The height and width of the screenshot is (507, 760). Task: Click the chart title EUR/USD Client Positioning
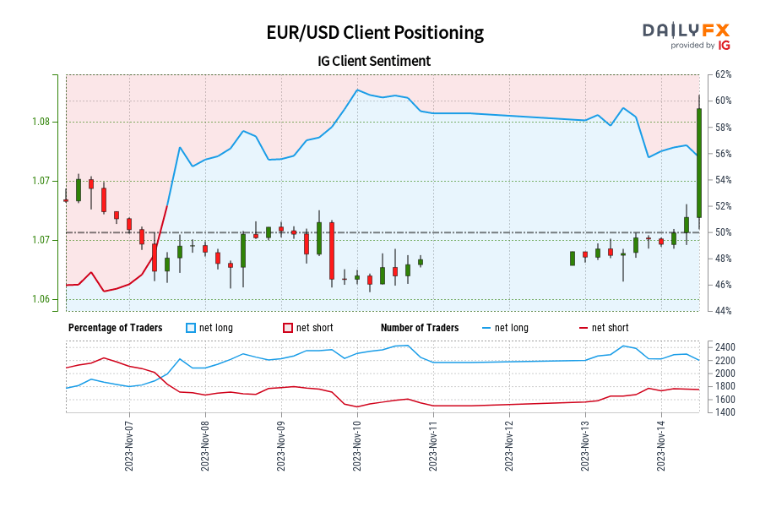tap(374, 33)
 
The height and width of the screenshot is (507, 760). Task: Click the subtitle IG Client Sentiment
tap(374, 61)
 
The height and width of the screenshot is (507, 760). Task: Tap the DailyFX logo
tap(686, 35)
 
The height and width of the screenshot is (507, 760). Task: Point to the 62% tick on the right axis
tap(723, 74)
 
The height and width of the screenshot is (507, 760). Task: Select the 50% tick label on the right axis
tap(723, 232)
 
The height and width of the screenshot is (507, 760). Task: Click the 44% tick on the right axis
tap(723, 311)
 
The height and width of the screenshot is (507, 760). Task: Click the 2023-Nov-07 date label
tap(129, 449)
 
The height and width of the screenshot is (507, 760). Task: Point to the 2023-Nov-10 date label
tap(357, 449)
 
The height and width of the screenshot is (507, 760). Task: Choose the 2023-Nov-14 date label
tap(661, 449)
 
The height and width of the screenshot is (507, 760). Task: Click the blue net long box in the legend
tap(191, 328)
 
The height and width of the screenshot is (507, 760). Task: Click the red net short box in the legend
tap(288, 328)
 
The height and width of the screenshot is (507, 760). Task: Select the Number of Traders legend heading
tap(420, 328)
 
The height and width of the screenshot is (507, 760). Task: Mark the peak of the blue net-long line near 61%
tap(357, 90)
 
